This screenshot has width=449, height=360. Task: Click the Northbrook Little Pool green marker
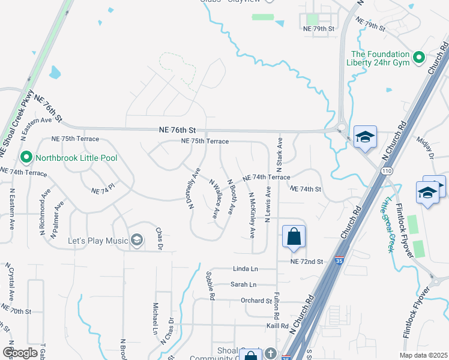tap(26, 158)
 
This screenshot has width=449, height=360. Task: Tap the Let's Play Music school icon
tap(137, 241)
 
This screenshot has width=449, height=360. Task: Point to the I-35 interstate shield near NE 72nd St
tap(340, 261)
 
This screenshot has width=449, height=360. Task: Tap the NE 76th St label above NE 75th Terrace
tap(178, 130)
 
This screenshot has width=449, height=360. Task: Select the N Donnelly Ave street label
tap(193, 188)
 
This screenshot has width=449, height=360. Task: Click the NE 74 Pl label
tap(103, 191)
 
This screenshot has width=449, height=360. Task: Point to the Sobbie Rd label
tap(211, 284)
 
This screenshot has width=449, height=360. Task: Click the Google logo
tap(20, 353)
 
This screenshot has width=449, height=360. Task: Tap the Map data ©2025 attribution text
tap(423, 355)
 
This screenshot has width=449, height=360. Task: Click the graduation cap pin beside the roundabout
tap(364, 137)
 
